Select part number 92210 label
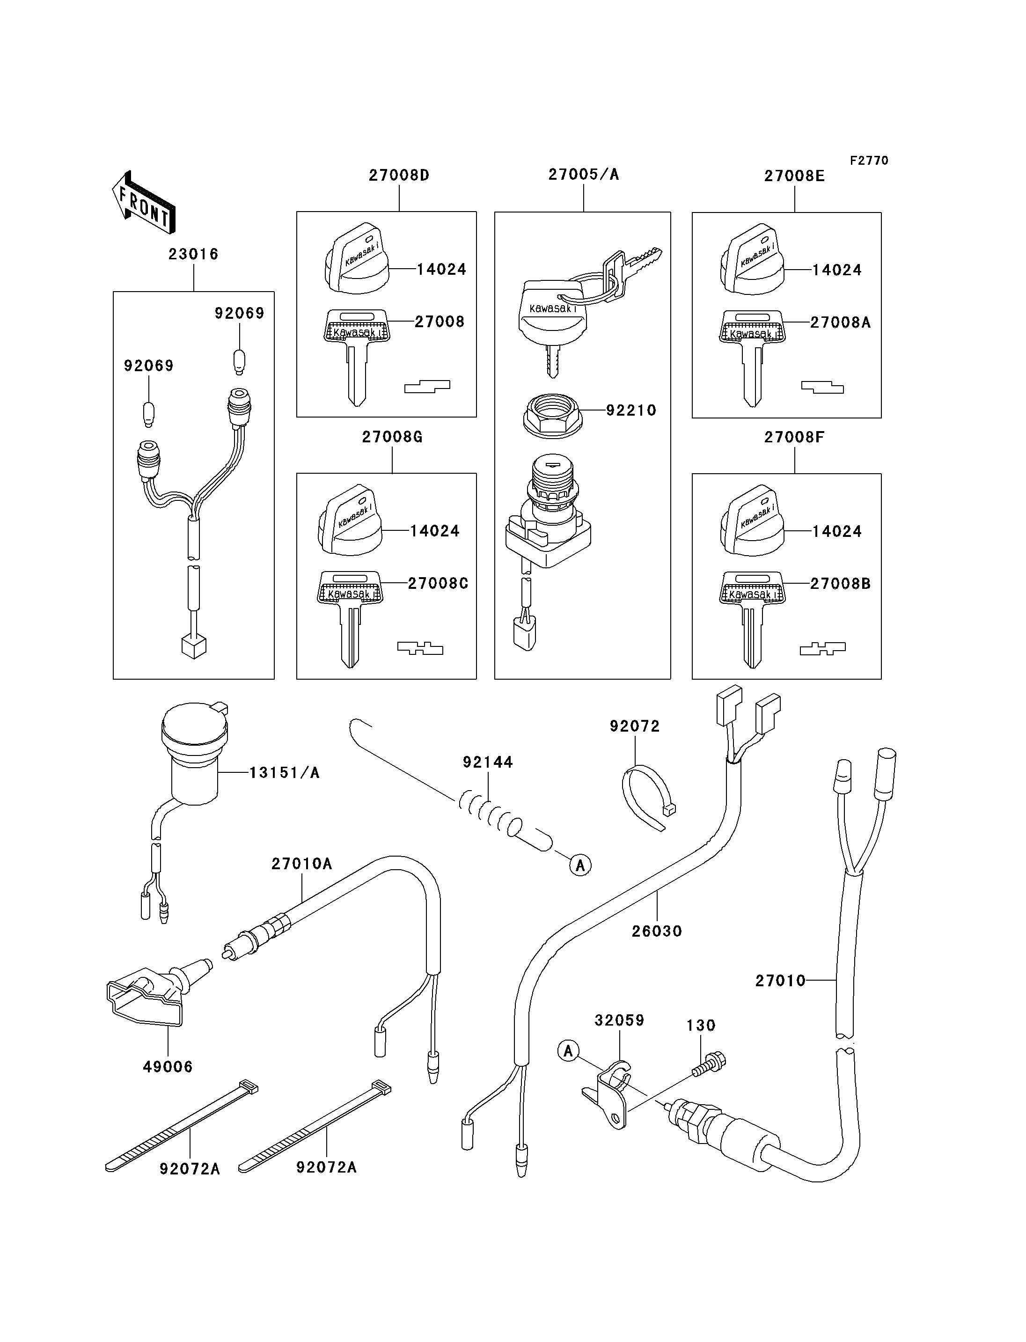coord(631,411)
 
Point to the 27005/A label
coord(583,175)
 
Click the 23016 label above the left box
coord(194,254)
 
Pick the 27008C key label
coord(438,583)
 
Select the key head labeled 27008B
coord(752,588)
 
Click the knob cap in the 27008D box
coord(357,258)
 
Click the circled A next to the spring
coord(580,865)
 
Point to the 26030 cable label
coord(657,931)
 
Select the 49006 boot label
coord(168,1067)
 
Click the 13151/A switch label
coord(285,773)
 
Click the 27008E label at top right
coord(794,176)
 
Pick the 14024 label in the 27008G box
coord(435,531)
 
